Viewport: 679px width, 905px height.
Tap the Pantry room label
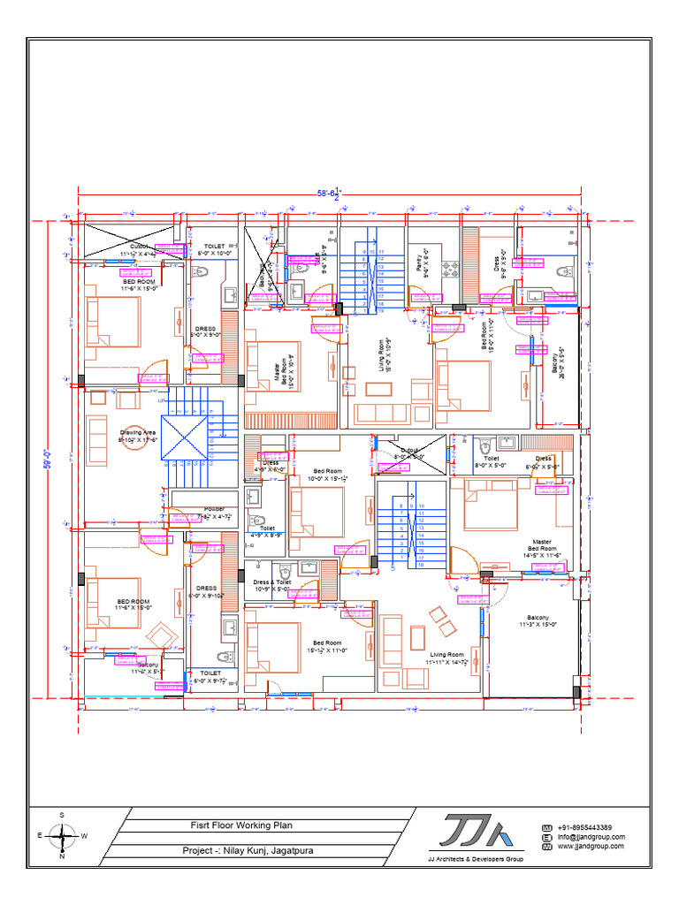420,262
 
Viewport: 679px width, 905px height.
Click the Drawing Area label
138,436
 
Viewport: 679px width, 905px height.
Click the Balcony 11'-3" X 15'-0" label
538,620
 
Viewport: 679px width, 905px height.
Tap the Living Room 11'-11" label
446,658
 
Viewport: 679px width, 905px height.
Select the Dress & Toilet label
272,585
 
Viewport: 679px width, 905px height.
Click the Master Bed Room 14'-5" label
541,548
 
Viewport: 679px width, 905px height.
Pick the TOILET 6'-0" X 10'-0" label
214,249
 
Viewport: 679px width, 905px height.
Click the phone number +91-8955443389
584,826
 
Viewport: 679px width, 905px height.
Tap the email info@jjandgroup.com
591,836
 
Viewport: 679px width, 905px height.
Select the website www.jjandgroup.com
590,846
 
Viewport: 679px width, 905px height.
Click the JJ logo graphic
475,833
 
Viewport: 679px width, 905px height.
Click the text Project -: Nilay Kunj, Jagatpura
247,851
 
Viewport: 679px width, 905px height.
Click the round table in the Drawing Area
134,438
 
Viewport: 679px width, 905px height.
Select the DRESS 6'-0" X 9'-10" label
206,591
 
